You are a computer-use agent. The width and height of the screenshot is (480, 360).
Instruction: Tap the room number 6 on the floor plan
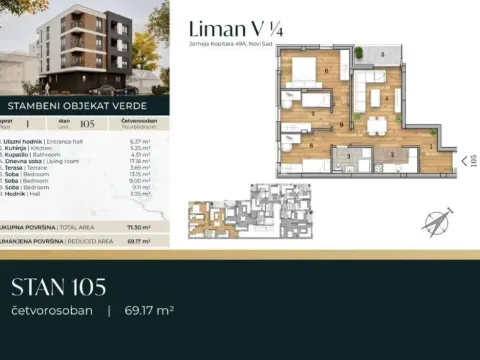[x=325, y=70]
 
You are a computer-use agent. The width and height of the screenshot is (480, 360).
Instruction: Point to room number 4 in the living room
[x=386, y=97]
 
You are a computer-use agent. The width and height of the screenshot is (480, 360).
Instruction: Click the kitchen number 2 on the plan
[x=391, y=155]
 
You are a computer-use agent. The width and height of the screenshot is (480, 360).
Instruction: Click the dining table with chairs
[x=376, y=125]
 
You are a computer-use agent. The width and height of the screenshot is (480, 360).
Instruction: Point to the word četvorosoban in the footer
[x=52, y=311]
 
